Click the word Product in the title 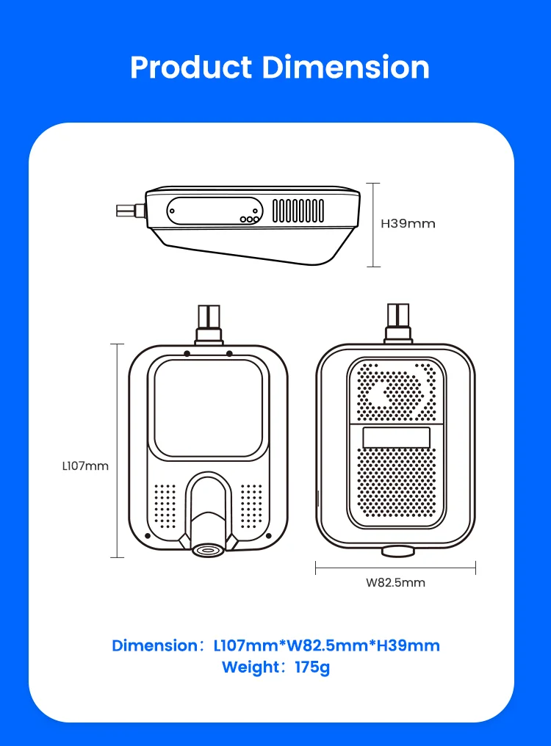coord(191,67)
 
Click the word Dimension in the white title coord(346,67)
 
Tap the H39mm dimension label coord(408,224)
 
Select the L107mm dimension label coord(85,466)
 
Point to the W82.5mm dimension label coord(395,583)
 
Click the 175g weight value coord(312,667)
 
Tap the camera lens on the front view coord(208,550)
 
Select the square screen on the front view coord(208,408)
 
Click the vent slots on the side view coord(298,211)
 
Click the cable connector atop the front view coord(209,325)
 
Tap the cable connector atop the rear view coord(398,323)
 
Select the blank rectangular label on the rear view coord(396,438)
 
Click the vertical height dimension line coord(373,225)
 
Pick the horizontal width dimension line coord(395,568)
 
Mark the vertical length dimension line coord(117,451)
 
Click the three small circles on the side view coord(250,220)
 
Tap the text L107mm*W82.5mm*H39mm coord(327,645)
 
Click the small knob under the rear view coord(397,552)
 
